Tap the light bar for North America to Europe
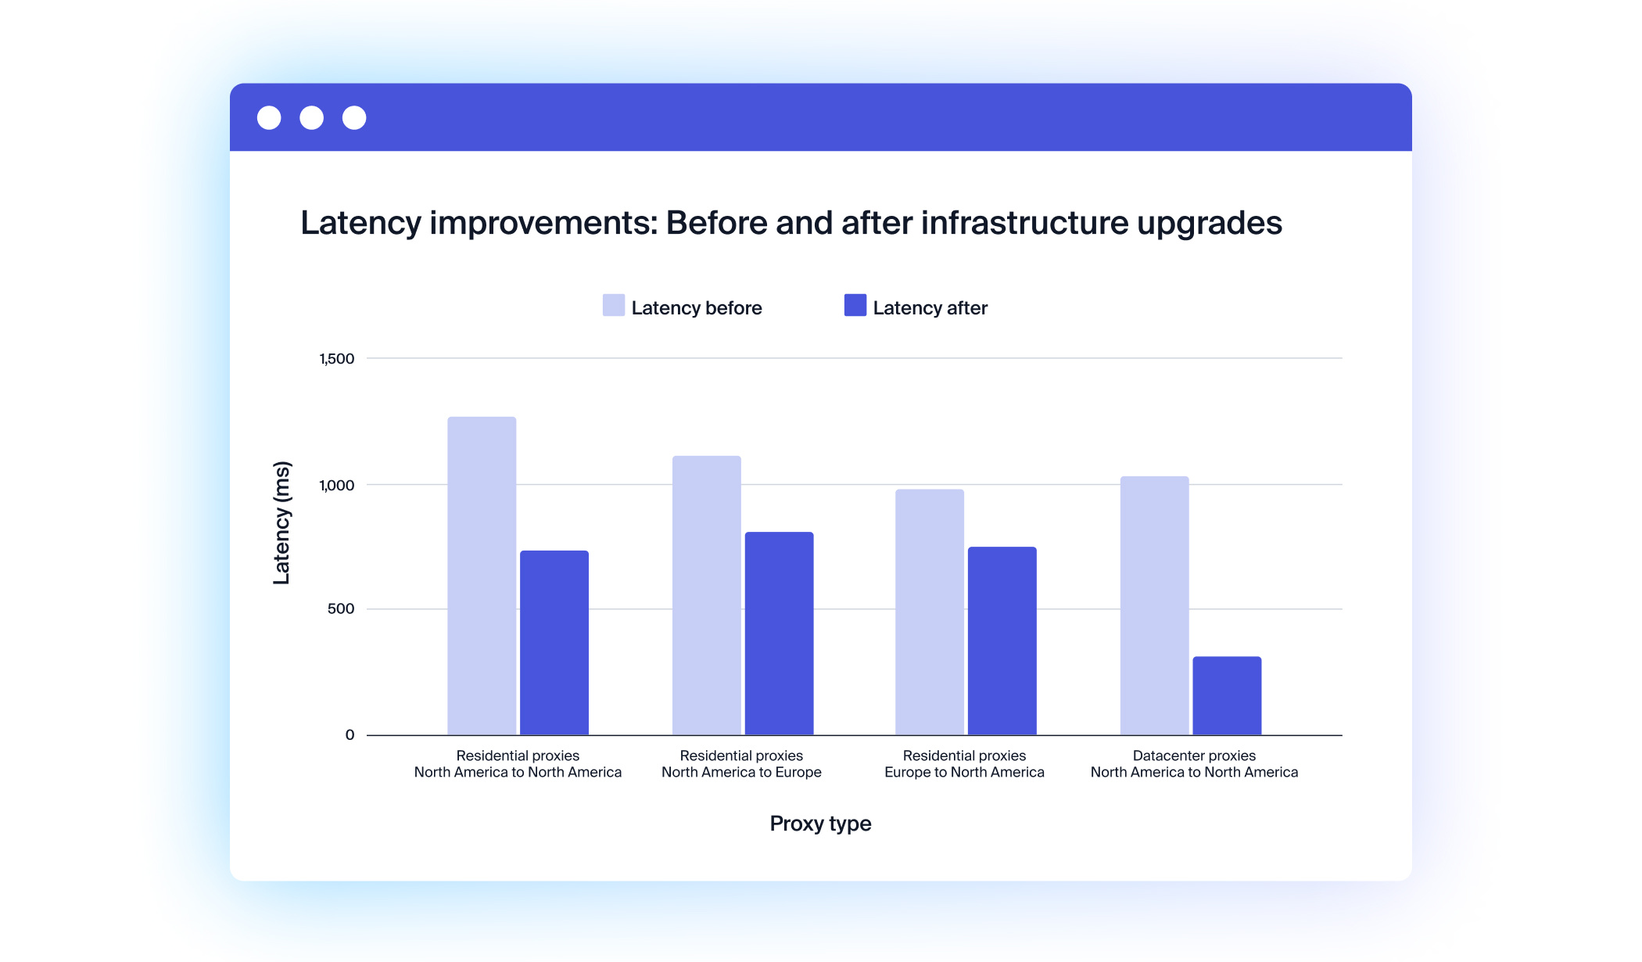706,595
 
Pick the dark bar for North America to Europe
779,634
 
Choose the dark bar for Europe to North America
1002,641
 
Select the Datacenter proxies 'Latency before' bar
1154,605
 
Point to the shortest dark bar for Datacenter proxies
1227,695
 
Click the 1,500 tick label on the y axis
336,359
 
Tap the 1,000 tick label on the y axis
336,486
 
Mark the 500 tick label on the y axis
340,609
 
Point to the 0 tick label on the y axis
350,735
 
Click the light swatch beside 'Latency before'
614,305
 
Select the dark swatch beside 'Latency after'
855,305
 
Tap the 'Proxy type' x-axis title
820,824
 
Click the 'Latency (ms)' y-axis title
281,522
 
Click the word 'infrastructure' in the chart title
1024,223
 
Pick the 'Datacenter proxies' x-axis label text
1194,756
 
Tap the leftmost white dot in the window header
269,118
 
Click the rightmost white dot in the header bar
354,118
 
